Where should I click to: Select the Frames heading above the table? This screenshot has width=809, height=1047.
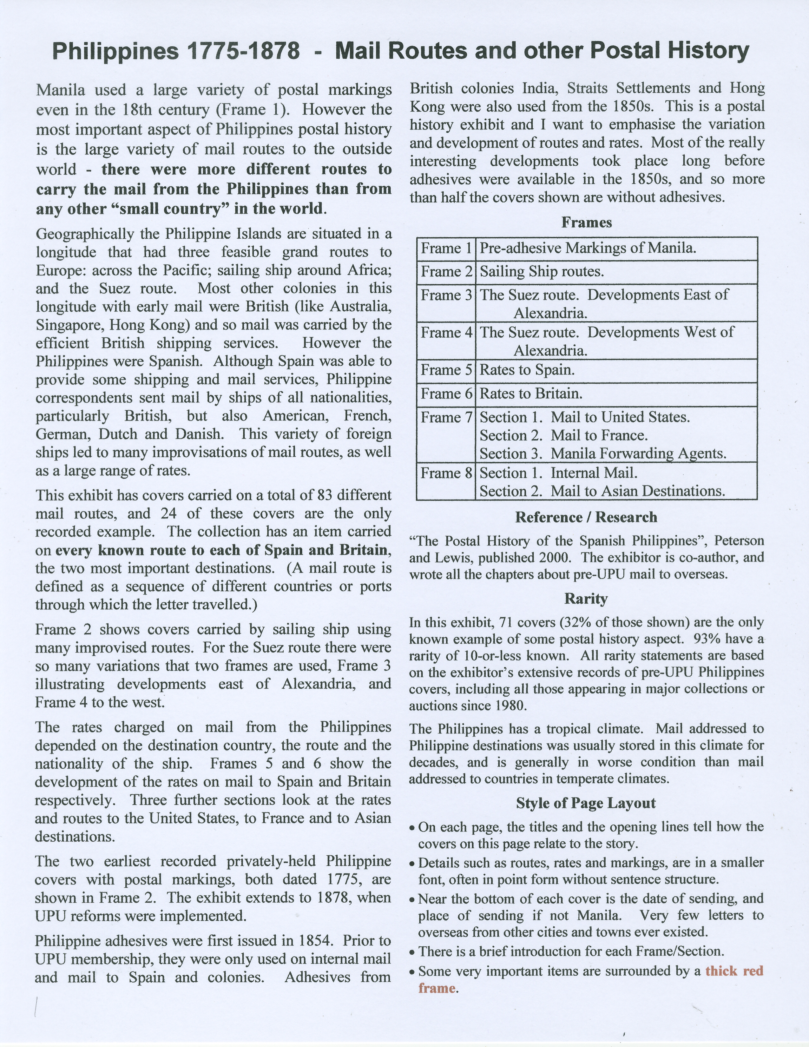pos(587,222)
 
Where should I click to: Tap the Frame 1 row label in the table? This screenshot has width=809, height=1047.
pos(446,248)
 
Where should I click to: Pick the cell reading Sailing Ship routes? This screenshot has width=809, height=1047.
pos(542,272)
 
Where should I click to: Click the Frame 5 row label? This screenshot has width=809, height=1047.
pos(446,370)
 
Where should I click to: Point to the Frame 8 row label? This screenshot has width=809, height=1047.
pos(446,473)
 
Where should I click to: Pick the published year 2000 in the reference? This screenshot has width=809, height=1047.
pos(555,558)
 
